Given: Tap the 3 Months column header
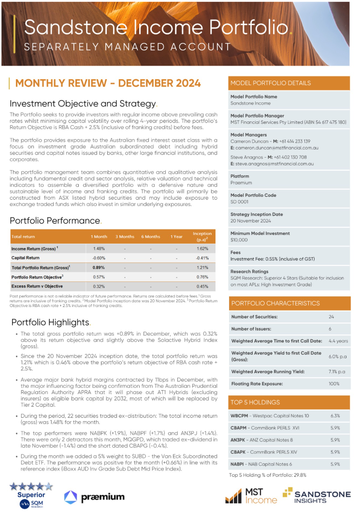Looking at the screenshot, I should click(125, 236).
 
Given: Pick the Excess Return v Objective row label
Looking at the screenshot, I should click(38, 286).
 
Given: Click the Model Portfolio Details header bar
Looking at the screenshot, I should click(288, 83).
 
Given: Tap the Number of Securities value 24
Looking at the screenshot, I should click(331, 317).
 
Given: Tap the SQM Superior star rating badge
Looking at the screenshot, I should click(31, 494).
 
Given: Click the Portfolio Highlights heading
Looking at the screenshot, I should click(50, 322).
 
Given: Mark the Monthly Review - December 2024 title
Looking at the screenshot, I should click(108, 83).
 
